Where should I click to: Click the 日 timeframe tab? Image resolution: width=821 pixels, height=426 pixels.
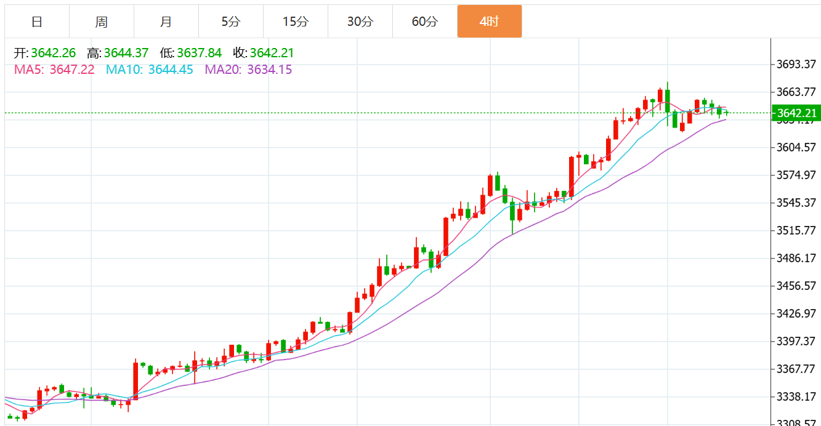pyautogui.click(x=37, y=22)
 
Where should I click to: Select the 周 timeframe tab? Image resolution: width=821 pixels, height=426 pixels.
pyautogui.click(x=102, y=22)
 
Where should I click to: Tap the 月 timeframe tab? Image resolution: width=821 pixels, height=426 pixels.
pyautogui.click(x=166, y=22)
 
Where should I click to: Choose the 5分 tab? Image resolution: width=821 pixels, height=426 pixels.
pyautogui.click(x=231, y=22)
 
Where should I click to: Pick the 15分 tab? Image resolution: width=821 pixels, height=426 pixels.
pyautogui.click(x=296, y=22)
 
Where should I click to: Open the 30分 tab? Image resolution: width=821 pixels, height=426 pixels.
pyautogui.click(x=360, y=22)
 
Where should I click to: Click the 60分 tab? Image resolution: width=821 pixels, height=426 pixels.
pyautogui.click(x=425, y=22)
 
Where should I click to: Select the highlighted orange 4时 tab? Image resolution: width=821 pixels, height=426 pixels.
pyautogui.click(x=490, y=22)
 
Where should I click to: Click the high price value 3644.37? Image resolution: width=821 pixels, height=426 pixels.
pyautogui.click(x=126, y=53)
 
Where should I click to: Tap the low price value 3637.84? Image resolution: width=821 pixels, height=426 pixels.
pyautogui.click(x=199, y=53)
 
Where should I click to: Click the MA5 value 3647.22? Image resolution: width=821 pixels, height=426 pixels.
pyautogui.click(x=72, y=70)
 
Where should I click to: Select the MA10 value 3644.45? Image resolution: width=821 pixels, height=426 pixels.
pyautogui.click(x=171, y=70)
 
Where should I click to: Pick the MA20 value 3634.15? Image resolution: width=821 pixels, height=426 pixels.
pyautogui.click(x=269, y=70)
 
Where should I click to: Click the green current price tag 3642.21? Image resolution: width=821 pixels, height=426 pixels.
pyautogui.click(x=796, y=113)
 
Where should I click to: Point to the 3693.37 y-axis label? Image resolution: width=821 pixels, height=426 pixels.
pyautogui.click(x=796, y=64)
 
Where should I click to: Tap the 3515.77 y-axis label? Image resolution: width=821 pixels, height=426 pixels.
pyautogui.click(x=796, y=230)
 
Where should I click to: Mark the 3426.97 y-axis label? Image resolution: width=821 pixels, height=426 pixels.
pyautogui.click(x=796, y=313)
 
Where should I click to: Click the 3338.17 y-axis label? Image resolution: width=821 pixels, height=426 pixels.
pyautogui.click(x=796, y=396)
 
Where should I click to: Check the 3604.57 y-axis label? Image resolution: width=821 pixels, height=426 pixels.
pyautogui.click(x=796, y=147)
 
